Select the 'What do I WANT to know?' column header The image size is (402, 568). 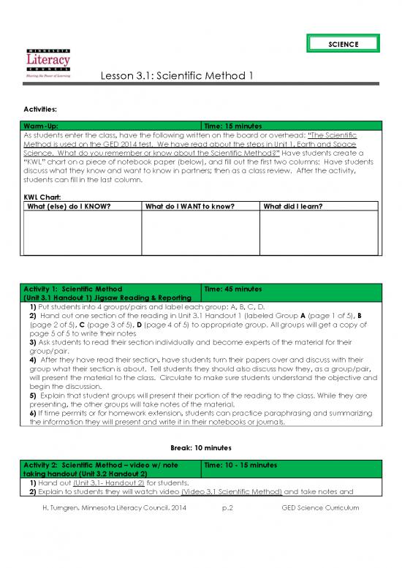[189, 206]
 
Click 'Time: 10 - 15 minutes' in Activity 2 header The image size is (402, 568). [240, 465]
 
